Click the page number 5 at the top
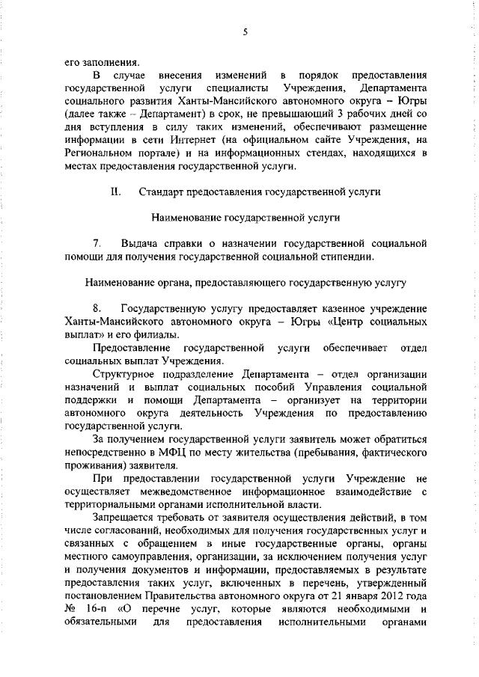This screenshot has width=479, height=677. (x=245, y=31)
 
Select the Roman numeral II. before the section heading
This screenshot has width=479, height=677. (x=116, y=192)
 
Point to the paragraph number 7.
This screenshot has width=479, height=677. (x=97, y=244)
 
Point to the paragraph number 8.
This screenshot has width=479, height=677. (x=97, y=309)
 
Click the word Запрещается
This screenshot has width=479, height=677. (x=126, y=517)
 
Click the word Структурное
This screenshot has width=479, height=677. (x=126, y=374)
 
